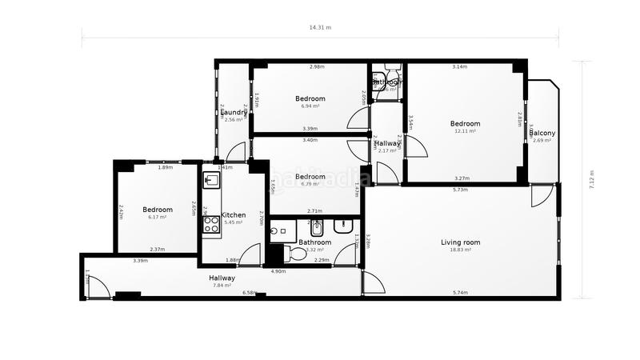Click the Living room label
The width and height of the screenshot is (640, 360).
[460, 242]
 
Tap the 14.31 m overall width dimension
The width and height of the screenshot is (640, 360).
[320, 27]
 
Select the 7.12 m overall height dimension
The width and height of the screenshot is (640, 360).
[591, 180]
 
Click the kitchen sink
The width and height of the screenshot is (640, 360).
[211, 180]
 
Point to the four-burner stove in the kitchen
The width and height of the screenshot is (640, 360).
[211, 225]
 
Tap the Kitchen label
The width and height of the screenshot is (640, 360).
[234, 215]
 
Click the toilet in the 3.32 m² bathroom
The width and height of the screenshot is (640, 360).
[296, 254]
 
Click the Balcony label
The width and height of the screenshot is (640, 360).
[542, 133]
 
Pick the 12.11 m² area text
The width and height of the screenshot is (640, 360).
[464, 131]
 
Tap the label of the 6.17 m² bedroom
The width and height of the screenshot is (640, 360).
[157, 210]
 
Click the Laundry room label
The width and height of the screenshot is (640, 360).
[234, 112]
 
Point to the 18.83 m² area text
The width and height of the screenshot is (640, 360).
[460, 250]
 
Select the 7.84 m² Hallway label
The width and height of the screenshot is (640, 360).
[222, 278]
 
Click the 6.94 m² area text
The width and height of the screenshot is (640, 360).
[310, 106]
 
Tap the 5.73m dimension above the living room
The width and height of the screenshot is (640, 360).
[459, 190]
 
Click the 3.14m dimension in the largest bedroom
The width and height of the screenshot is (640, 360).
[459, 66]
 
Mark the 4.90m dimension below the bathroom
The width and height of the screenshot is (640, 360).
[278, 271]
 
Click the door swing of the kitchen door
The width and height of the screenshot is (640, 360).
[250, 255]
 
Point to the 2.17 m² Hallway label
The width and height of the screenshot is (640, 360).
[386, 144]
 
